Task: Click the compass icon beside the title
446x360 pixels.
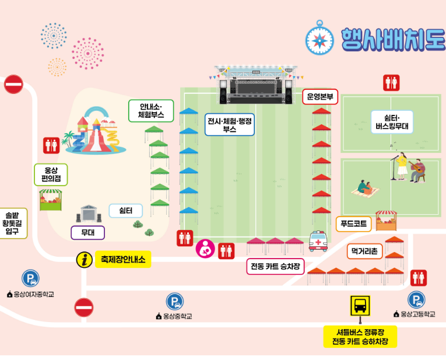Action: click(319, 38)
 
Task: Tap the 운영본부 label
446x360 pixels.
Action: click(320, 97)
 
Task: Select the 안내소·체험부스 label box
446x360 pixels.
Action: click(152, 111)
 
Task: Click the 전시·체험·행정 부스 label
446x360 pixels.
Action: click(230, 125)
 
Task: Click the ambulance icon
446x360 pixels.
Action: click(318, 241)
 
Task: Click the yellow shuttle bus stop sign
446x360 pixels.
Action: click(360, 305)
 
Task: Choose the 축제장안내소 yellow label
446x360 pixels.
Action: click(123, 259)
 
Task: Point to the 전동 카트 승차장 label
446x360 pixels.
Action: click(275, 267)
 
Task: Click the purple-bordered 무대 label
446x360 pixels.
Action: click(88, 232)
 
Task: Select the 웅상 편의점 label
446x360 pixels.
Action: click(51, 174)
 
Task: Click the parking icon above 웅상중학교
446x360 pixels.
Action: click(174, 302)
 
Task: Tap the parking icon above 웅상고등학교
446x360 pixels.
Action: click(416, 300)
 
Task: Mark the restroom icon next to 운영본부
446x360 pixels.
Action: click(391, 83)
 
